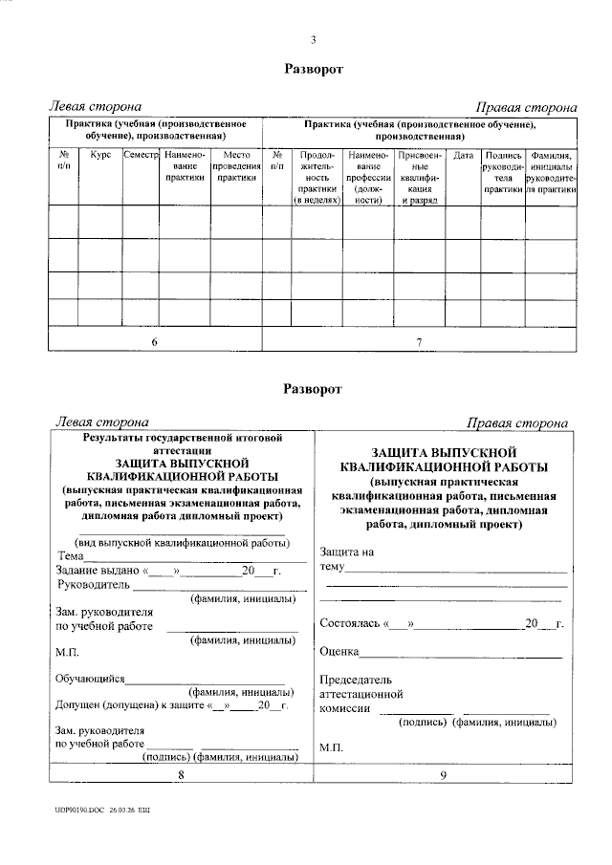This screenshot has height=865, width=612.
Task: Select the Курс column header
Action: [101, 155]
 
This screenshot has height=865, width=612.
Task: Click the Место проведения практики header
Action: [236, 165]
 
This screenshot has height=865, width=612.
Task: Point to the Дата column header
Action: [463, 155]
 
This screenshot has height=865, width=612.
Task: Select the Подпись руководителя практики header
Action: [503, 171]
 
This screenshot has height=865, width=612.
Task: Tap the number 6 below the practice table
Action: [155, 341]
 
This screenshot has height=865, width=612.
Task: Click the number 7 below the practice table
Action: [420, 341]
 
